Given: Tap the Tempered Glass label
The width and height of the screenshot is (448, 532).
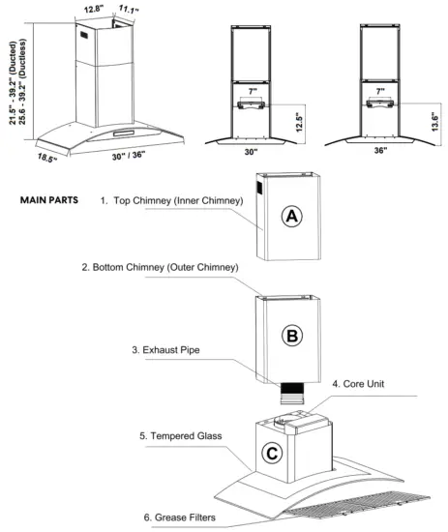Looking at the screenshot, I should pyautogui.click(x=182, y=436).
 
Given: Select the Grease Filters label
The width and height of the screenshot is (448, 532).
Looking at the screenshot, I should pyautogui.click(x=180, y=517).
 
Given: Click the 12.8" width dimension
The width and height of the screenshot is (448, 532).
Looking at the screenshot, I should pyautogui.click(x=94, y=10).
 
